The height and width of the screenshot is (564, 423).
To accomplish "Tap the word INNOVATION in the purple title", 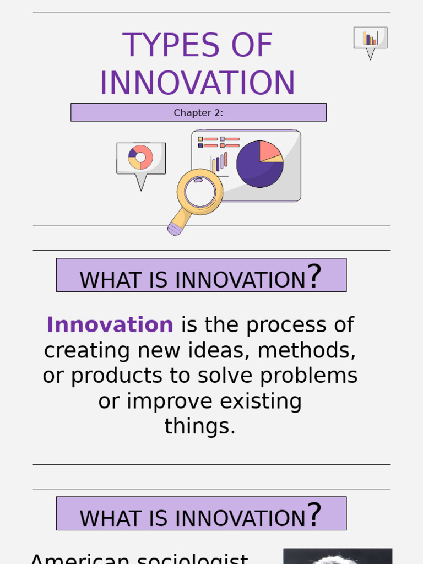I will pyautogui.click(x=197, y=83).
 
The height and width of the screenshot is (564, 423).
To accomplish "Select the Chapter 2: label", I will pyautogui.click(x=198, y=113).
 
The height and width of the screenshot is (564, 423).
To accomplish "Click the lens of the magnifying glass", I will pyautogui.click(x=200, y=192).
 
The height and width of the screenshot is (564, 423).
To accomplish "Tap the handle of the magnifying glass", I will pyautogui.click(x=177, y=223).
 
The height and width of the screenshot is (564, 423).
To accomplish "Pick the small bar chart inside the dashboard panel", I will pyautogui.click(x=219, y=163).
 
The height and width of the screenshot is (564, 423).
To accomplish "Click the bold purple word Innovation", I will pyautogui.click(x=110, y=325).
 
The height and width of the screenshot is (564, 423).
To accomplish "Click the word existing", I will pyautogui.click(x=261, y=401).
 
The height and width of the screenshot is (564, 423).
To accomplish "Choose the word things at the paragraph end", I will pyautogui.click(x=199, y=426).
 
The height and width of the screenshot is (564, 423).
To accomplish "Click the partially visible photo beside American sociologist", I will pyautogui.click(x=337, y=556).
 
